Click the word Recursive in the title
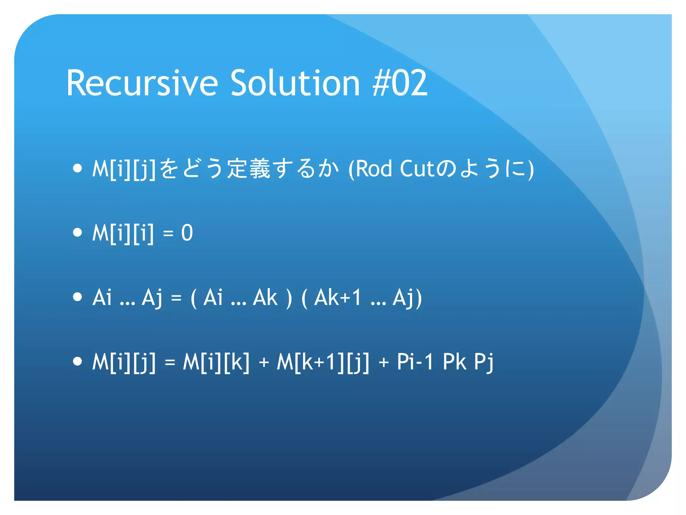(142, 83)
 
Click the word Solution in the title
(295, 83)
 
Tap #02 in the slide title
(400, 83)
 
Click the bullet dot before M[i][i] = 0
(77, 232)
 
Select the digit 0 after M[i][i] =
(187, 233)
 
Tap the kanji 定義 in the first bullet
(249, 168)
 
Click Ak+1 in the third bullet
(338, 297)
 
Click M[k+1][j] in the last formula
(323, 362)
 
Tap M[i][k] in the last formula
(216, 362)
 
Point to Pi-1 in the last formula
(415, 362)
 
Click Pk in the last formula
(455, 362)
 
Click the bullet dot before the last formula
(77, 361)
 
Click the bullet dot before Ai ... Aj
(77, 297)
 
